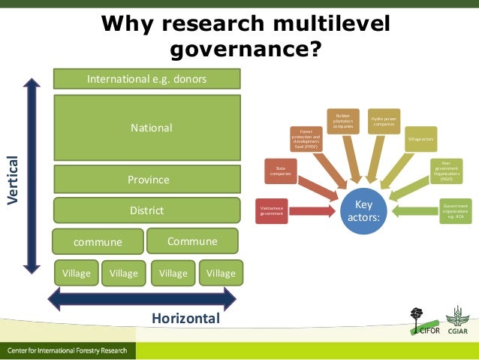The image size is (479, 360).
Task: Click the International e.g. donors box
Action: [x=146, y=78]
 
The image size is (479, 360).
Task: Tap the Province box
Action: [x=147, y=180]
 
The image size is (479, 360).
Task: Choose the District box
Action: [x=146, y=210]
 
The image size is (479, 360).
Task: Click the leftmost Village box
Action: [x=75, y=273]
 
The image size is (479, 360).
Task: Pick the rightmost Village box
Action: [x=221, y=273]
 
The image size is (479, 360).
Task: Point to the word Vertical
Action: [x=13, y=180]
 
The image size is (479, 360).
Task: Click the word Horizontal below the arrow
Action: [x=185, y=319]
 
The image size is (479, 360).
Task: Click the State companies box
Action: [x=280, y=171]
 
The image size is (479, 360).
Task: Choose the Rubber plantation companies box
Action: [x=342, y=123]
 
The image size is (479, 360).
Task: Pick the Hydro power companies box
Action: [x=384, y=121]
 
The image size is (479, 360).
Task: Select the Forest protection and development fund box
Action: [x=306, y=139]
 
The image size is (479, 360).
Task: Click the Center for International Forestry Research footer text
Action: [x=68, y=351]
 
